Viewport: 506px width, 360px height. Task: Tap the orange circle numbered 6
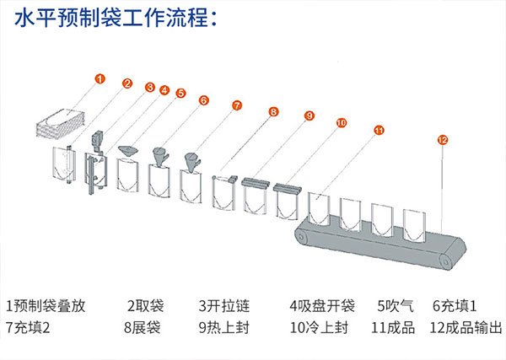[x=203, y=99]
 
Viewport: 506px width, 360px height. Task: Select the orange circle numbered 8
[x=273, y=111]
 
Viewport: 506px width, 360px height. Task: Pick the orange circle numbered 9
[x=309, y=116]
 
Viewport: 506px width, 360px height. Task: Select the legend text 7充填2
[x=29, y=327]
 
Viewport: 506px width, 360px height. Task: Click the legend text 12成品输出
[x=466, y=327]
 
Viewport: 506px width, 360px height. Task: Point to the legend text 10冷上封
[x=317, y=327]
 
